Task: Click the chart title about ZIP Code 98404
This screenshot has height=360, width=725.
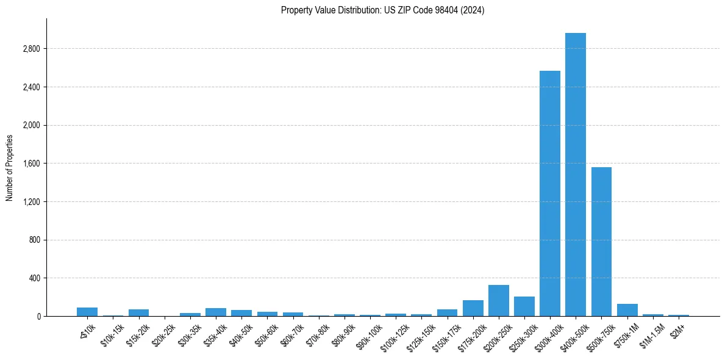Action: click(x=382, y=10)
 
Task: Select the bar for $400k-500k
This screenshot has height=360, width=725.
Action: click(x=576, y=175)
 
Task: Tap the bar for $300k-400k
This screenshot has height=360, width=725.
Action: click(x=550, y=193)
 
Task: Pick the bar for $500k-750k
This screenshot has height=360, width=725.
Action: click(x=601, y=242)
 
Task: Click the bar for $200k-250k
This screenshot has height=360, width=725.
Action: click(x=499, y=301)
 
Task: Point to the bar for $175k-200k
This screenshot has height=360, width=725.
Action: click(x=473, y=308)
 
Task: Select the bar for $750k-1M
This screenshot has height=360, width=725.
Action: click(x=627, y=310)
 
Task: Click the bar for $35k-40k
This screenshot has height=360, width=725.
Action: click(x=216, y=312)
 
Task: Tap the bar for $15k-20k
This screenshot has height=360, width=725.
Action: click(x=138, y=313)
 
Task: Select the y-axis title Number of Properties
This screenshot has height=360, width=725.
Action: click(x=9, y=168)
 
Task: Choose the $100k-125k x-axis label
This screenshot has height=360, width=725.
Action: click(x=394, y=334)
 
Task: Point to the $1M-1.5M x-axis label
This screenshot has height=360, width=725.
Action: click(x=652, y=333)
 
